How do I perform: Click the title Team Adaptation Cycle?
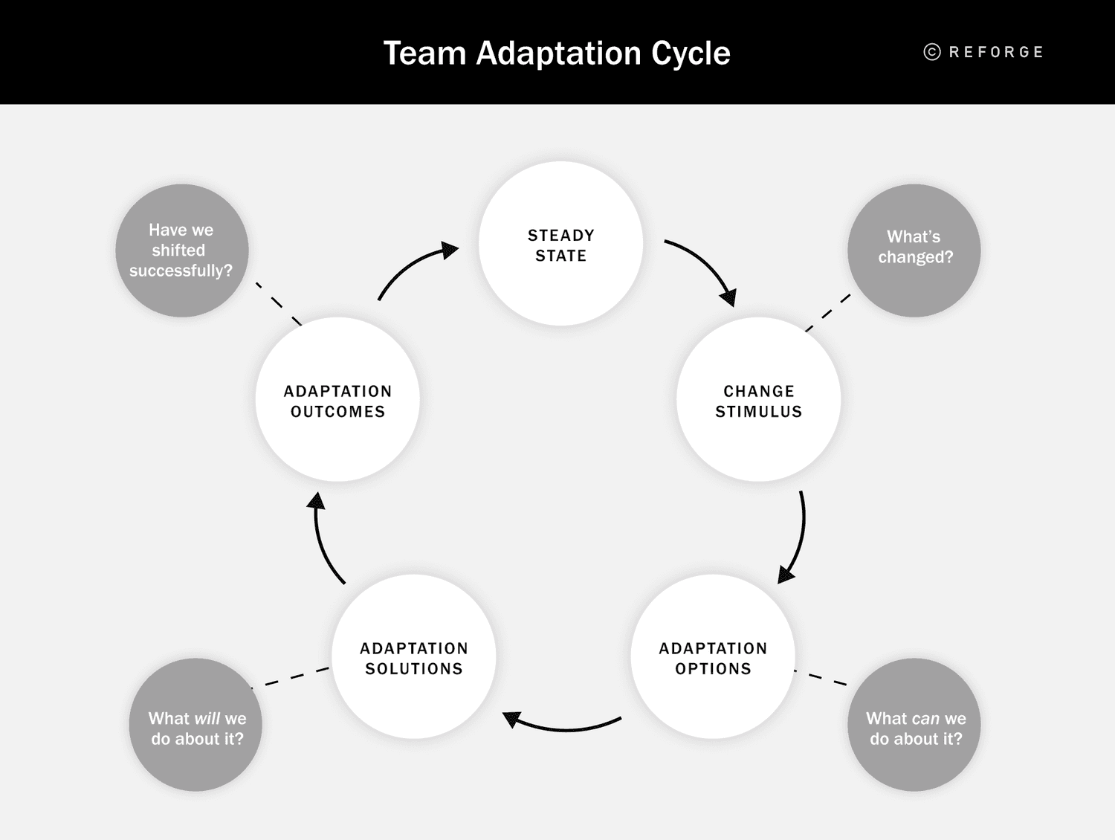pos(557,54)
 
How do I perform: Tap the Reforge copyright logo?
pos(983,52)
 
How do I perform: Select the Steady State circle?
pos(560,245)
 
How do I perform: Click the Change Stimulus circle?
pos(758,401)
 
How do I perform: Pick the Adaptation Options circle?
pos(713,657)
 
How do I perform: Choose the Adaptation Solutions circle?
pos(413,657)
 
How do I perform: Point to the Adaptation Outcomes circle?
pos(337,401)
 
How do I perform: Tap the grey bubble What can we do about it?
pos(914,726)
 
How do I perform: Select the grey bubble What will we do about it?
pos(195,726)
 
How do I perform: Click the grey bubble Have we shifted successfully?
pos(181,251)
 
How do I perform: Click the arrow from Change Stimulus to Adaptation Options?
pos(799,539)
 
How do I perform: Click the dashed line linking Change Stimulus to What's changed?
pos(828,313)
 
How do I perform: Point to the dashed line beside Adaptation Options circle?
pos(821,677)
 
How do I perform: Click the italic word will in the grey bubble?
pos(206,719)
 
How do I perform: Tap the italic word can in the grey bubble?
pos(925,719)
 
